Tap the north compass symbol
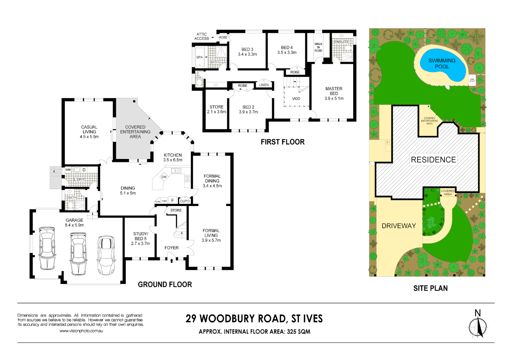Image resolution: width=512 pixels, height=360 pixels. [x=478, y=325]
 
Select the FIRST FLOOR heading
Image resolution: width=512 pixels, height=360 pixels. [x=283, y=142]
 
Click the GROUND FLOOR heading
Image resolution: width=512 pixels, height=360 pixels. [x=165, y=285]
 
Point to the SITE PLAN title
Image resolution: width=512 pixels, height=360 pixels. [x=430, y=288]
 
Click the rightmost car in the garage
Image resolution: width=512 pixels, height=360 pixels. [x=106, y=255]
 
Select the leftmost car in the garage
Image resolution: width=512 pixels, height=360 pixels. [x=47, y=248]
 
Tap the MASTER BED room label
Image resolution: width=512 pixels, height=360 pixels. [x=334, y=93]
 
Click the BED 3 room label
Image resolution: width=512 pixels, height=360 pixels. [x=247, y=52]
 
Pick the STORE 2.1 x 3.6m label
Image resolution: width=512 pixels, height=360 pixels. [x=216, y=109]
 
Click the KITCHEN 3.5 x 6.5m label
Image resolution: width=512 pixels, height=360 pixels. [x=173, y=157]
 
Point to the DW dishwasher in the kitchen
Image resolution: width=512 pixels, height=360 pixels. [x=164, y=177]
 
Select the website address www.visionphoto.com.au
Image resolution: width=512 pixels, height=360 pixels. [x=81, y=331]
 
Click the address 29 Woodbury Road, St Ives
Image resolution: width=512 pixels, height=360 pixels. [x=254, y=319]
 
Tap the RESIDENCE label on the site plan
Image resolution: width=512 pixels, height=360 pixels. [x=433, y=160]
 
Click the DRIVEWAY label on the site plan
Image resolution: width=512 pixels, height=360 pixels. [x=399, y=226]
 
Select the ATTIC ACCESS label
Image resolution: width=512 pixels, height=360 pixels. [x=201, y=36]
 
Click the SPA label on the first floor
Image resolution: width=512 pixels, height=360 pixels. [x=199, y=57]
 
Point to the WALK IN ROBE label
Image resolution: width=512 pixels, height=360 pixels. [x=318, y=47]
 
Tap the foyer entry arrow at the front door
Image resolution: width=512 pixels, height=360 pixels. [x=171, y=260]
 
